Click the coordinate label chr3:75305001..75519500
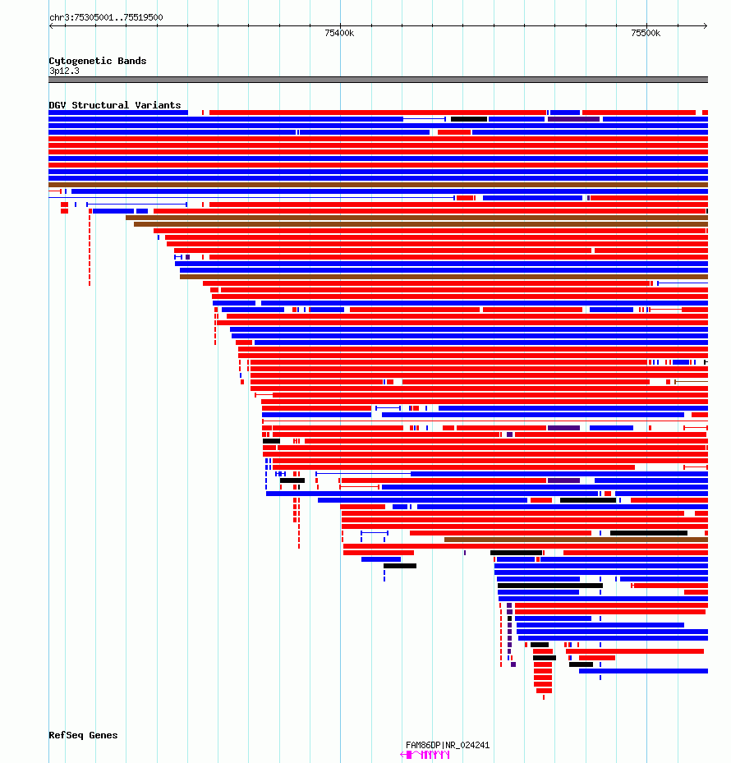pyautogui.click(x=106, y=17)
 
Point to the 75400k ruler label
pyautogui.click(x=339, y=33)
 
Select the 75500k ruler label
pyautogui.click(x=646, y=33)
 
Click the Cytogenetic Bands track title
pyautogui.click(x=98, y=61)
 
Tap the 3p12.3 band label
pyautogui.click(x=64, y=71)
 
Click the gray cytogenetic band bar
pyautogui.click(x=378, y=80)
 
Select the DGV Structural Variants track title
pyautogui.click(x=115, y=105)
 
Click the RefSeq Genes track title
pyautogui.click(x=83, y=735)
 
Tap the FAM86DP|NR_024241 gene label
pyautogui.click(x=448, y=745)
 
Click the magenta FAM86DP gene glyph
pyautogui.click(x=425, y=755)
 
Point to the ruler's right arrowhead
pyautogui.click(x=706, y=25)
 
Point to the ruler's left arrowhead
pyautogui.click(x=51, y=25)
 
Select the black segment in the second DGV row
pyautogui.click(x=469, y=119)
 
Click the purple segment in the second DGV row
pyautogui.click(x=573, y=119)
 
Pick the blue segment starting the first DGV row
pyautogui.click(x=118, y=113)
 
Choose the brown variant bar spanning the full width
pyautogui.click(x=378, y=185)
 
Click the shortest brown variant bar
pyautogui.click(x=577, y=540)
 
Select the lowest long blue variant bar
pyautogui.click(x=643, y=671)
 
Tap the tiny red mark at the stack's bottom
pyautogui.click(x=544, y=697)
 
